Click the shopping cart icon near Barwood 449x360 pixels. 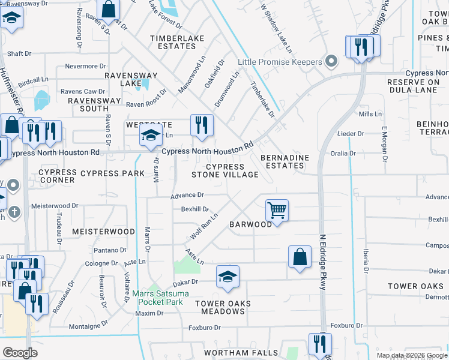point(277,211)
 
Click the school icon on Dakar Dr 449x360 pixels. point(228,277)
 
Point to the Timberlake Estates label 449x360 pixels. point(177,43)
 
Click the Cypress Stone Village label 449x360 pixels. point(225,171)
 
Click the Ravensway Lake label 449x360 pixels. point(131,80)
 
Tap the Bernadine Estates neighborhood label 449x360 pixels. point(285,161)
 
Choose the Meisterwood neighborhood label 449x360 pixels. point(103,231)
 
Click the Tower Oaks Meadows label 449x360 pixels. point(223,307)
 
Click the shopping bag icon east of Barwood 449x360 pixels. point(300,257)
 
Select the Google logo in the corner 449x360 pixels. point(20,353)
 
